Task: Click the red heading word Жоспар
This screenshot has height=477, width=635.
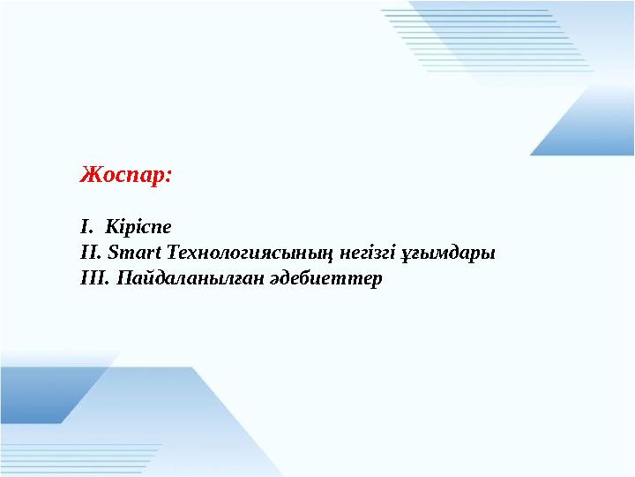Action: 124,174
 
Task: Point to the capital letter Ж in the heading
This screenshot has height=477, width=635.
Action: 89,174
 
